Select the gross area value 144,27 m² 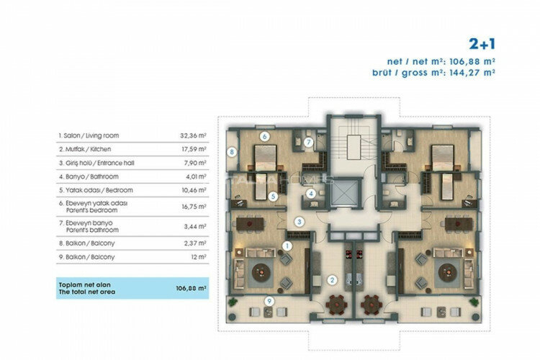pyautogui.click(x=473, y=72)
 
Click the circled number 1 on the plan pyautogui.click(x=287, y=246)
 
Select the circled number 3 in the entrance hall pyautogui.click(x=298, y=222)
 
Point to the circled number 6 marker pyautogui.click(x=264, y=136)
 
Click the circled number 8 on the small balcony pyautogui.click(x=231, y=152)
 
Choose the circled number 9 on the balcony pyautogui.click(x=269, y=301)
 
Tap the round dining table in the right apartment pyautogui.click(x=372, y=305)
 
